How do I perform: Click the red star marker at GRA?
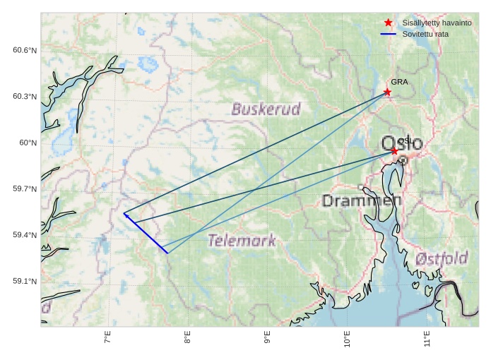[x=387, y=92]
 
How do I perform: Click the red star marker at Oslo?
[x=394, y=150]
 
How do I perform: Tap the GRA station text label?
[x=399, y=82]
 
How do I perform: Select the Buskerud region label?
[x=266, y=109]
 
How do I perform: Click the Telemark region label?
[x=242, y=241]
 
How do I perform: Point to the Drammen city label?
[x=361, y=200]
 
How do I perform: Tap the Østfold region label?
[x=442, y=258]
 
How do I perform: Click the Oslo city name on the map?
[x=402, y=143]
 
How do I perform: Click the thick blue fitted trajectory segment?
[x=146, y=233]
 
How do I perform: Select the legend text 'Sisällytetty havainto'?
[x=432, y=23]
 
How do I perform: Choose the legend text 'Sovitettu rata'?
[x=420, y=34]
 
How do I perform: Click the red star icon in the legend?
[x=388, y=23]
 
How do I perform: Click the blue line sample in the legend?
[x=388, y=34]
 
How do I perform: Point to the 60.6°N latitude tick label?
[x=25, y=50]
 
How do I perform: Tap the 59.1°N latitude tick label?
[x=25, y=281]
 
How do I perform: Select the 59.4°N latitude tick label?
[x=25, y=235]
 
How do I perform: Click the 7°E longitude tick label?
[x=107, y=338]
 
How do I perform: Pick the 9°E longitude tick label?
[x=267, y=338]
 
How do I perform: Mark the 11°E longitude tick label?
[x=427, y=338]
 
